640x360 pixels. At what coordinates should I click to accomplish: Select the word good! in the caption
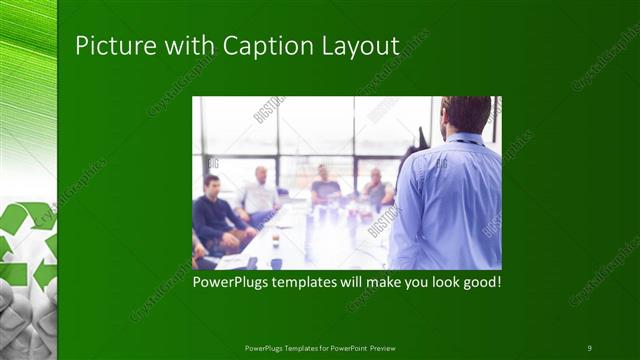pyautogui.click(x=480, y=283)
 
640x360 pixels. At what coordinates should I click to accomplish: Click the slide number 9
pyautogui.click(x=590, y=347)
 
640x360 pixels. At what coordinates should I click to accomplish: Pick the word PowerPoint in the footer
pyautogui.click(x=344, y=347)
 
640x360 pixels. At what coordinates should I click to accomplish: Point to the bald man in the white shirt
pyautogui.click(x=260, y=192)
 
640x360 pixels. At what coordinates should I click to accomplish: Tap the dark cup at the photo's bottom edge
pyautogui.click(x=276, y=263)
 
